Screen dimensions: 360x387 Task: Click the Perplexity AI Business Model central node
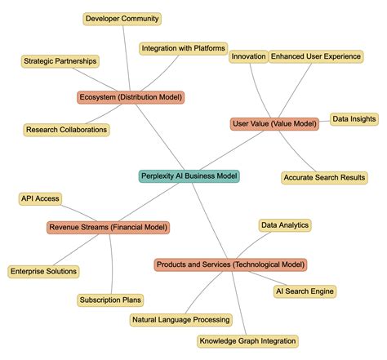click(x=189, y=176)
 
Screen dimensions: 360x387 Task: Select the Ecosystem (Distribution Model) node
click(x=131, y=97)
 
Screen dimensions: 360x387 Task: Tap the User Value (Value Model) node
click(x=274, y=123)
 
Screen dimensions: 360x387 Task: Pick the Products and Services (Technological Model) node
click(x=230, y=264)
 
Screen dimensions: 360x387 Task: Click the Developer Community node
click(x=123, y=18)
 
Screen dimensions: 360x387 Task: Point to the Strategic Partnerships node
click(x=60, y=60)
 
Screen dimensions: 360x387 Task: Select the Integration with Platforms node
click(x=183, y=49)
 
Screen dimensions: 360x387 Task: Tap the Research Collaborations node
click(x=67, y=129)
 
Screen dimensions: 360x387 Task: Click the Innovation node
click(x=248, y=56)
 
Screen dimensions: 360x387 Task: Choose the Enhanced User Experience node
click(x=316, y=56)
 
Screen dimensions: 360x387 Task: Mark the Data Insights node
click(x=354, y=119)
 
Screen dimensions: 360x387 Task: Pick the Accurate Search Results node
click(x=325, y=177)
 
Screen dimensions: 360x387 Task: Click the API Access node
click(x=39, y=198)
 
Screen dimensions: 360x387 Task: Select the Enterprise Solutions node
click(x=44, y=271)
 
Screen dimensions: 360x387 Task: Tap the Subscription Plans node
click(x=110, y=300)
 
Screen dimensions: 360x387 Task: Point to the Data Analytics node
click(x=285, y=224)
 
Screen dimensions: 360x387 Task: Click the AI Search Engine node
click(x=305, y=291)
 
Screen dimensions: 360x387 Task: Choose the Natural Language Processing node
click(x=181, y=320)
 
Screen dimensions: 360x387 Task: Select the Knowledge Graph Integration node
click(x=247, y=340)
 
